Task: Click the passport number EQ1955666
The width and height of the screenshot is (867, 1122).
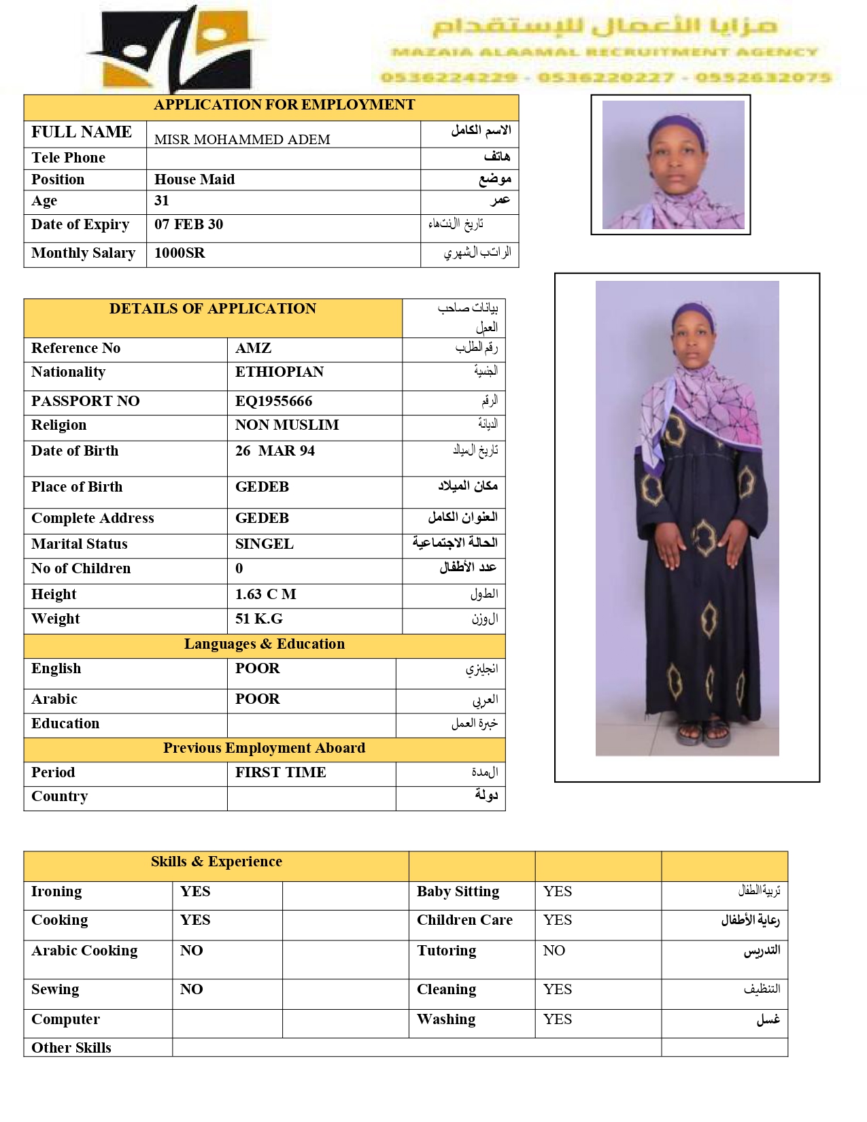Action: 273,401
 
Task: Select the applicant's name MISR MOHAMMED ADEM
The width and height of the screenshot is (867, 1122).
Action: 242,139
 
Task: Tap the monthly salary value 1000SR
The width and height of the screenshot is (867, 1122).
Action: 180,253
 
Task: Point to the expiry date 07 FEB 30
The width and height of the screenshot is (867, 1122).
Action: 188,224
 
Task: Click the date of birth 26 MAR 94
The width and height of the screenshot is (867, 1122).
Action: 275,451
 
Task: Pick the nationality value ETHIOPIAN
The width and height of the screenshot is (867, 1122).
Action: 279,372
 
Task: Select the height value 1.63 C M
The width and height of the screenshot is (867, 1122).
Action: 265,594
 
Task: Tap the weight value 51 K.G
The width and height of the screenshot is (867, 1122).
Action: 258,619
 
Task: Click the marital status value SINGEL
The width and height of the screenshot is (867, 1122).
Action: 264,544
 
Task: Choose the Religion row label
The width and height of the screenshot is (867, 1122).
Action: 58,425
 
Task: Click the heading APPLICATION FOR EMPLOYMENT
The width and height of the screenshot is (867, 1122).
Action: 284,105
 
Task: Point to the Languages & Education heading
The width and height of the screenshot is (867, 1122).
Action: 264,644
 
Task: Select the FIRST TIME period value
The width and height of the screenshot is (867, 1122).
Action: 280,772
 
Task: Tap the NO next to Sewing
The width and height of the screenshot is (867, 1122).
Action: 191,989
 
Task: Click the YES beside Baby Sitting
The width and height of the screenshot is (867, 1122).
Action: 557,891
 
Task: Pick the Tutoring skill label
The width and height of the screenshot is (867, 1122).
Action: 446,951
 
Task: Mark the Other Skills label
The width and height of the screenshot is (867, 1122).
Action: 71,1048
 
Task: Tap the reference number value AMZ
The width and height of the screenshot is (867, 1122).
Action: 253,348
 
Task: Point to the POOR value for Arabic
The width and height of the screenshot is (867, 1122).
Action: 257,699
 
